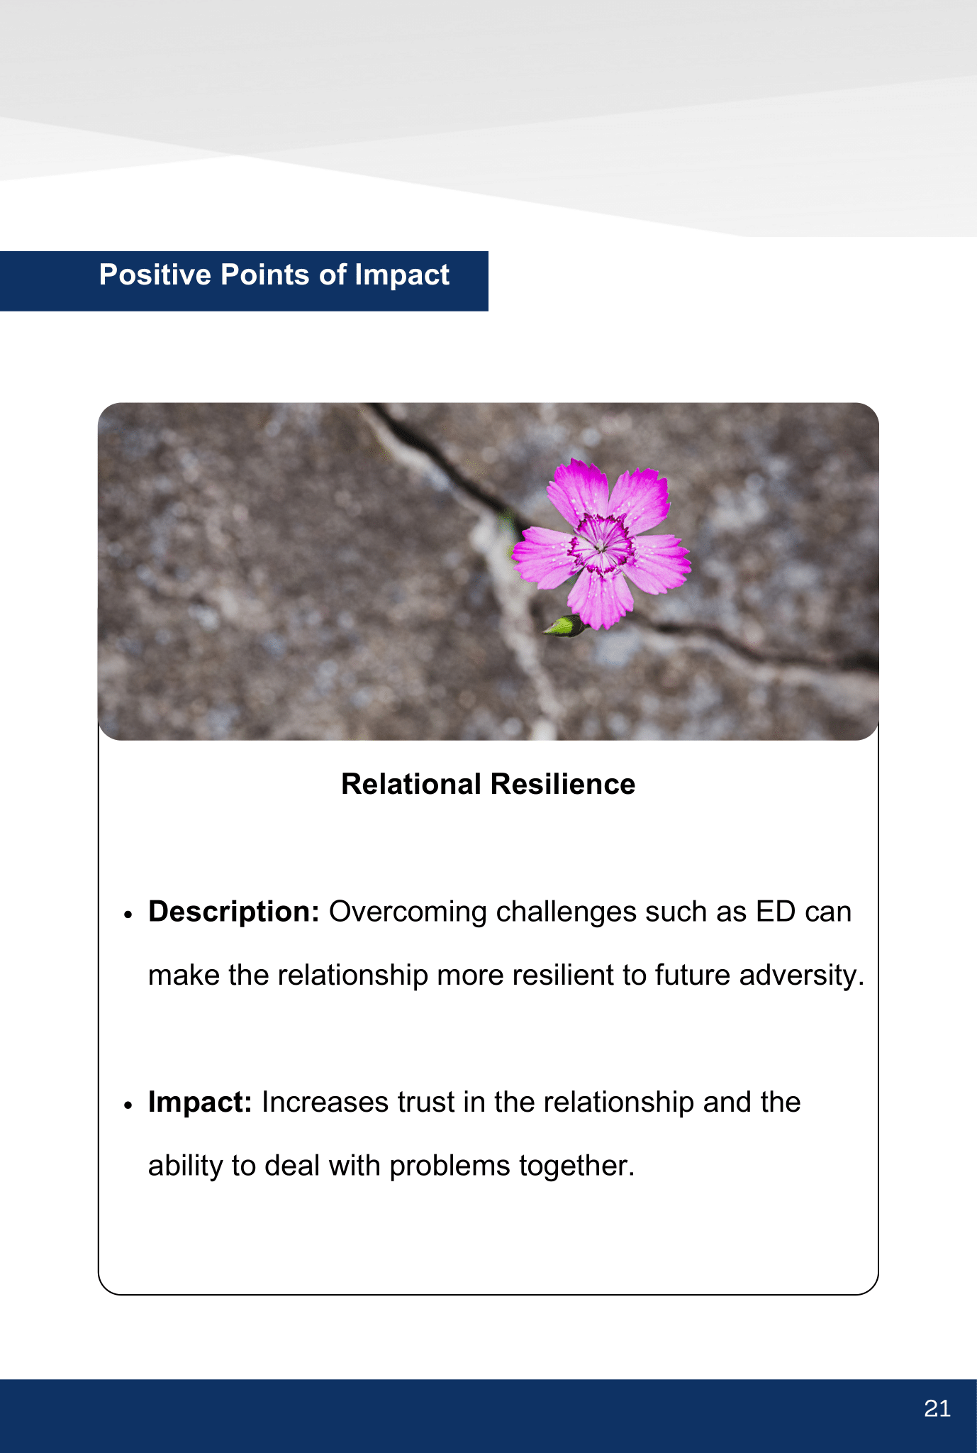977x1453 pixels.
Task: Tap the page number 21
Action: pyautogui.click(x=937, y=1408)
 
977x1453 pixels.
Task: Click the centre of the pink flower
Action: pyautogui.click(x=602, y=544)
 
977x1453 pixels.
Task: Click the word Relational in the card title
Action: pyautogui.click(x=411, y=784)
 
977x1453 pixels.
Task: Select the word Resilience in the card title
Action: pyautogui.click(x=562, y=784)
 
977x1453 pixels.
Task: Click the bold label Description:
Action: pyautogui.click(x=234, y=912)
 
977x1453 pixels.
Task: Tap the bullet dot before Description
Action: pyautogui.click(x=128, y=915)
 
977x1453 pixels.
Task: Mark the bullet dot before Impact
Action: pyautogui.click(x=128, y=1105)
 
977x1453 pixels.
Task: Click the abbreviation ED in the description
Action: pyautogui.click(x=776, y=912)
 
